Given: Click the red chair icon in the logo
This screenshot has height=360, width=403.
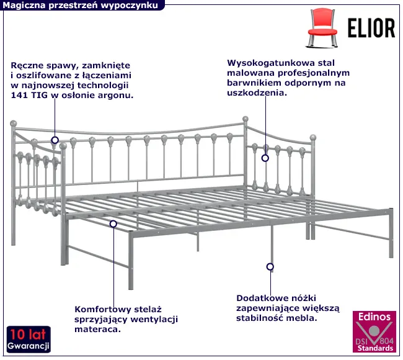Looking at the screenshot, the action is [322, 28].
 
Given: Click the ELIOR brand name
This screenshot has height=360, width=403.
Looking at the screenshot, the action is [371, 28].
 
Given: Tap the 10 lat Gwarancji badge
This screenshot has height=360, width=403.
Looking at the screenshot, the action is [29, 340].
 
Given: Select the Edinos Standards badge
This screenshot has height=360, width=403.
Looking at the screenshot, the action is [374, 331].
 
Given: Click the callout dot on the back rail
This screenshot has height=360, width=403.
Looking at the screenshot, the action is [55, 140].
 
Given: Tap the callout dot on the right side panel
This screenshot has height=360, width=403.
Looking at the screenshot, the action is [265, 158].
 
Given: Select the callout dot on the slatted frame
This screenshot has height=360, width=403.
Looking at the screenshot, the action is [113, 224].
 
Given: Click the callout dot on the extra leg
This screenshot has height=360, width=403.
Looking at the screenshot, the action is [270, 267].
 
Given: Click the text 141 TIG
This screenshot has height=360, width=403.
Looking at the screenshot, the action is [29, 95].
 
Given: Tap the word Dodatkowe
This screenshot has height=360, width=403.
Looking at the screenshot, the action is [262, 299].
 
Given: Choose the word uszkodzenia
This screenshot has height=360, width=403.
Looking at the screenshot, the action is [257, 92].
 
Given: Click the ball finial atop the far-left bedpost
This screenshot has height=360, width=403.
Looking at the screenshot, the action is [14, 124].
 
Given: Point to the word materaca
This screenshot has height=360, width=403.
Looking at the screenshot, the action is [98, 330].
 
